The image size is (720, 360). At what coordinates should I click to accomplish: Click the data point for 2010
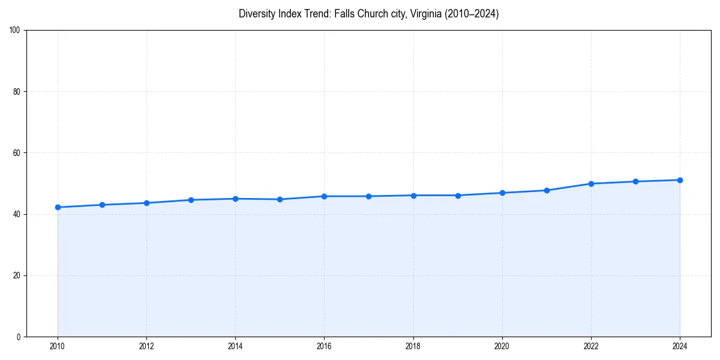pos(58,207)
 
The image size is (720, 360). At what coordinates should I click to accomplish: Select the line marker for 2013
pos(191,200)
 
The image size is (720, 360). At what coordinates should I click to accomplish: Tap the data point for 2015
pos(280,199)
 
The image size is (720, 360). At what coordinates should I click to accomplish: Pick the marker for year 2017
pos(368,196)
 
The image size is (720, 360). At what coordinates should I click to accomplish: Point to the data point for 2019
pos(458,195)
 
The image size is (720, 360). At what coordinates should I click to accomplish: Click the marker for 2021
pos(547,190)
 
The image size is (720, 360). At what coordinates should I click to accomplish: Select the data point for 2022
pos(591,184)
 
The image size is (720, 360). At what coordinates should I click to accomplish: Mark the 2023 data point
pos(635,181)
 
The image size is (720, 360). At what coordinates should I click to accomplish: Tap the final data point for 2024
pos(680,180)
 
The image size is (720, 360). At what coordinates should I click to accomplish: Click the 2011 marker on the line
pos(102,205)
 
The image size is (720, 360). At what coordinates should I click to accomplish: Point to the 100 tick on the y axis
pos(15,30)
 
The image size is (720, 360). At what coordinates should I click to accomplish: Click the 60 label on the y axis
pos(17,153)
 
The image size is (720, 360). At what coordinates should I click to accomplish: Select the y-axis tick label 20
pos(17,275)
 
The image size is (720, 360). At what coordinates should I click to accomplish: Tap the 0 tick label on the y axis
pos(19,337)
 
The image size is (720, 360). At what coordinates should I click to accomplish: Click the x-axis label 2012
pos(146,346)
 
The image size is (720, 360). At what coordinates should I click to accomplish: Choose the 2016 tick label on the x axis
pos(324,346)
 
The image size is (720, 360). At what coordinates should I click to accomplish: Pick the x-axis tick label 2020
pos(502,346)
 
